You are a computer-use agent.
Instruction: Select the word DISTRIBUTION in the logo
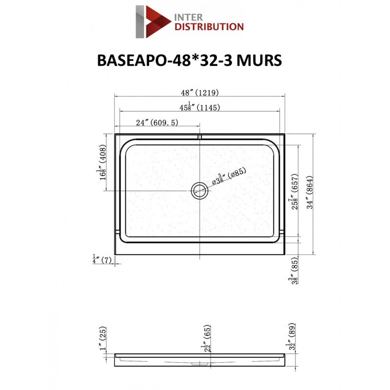(209, 27)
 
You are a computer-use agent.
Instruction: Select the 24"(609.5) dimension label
(157, 123)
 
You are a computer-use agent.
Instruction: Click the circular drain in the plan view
(199, 190)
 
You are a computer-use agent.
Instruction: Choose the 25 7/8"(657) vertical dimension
(293, 192)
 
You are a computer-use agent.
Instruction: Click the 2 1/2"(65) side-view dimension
(207, 337)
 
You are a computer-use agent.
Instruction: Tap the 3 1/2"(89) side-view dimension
(292, 335)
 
